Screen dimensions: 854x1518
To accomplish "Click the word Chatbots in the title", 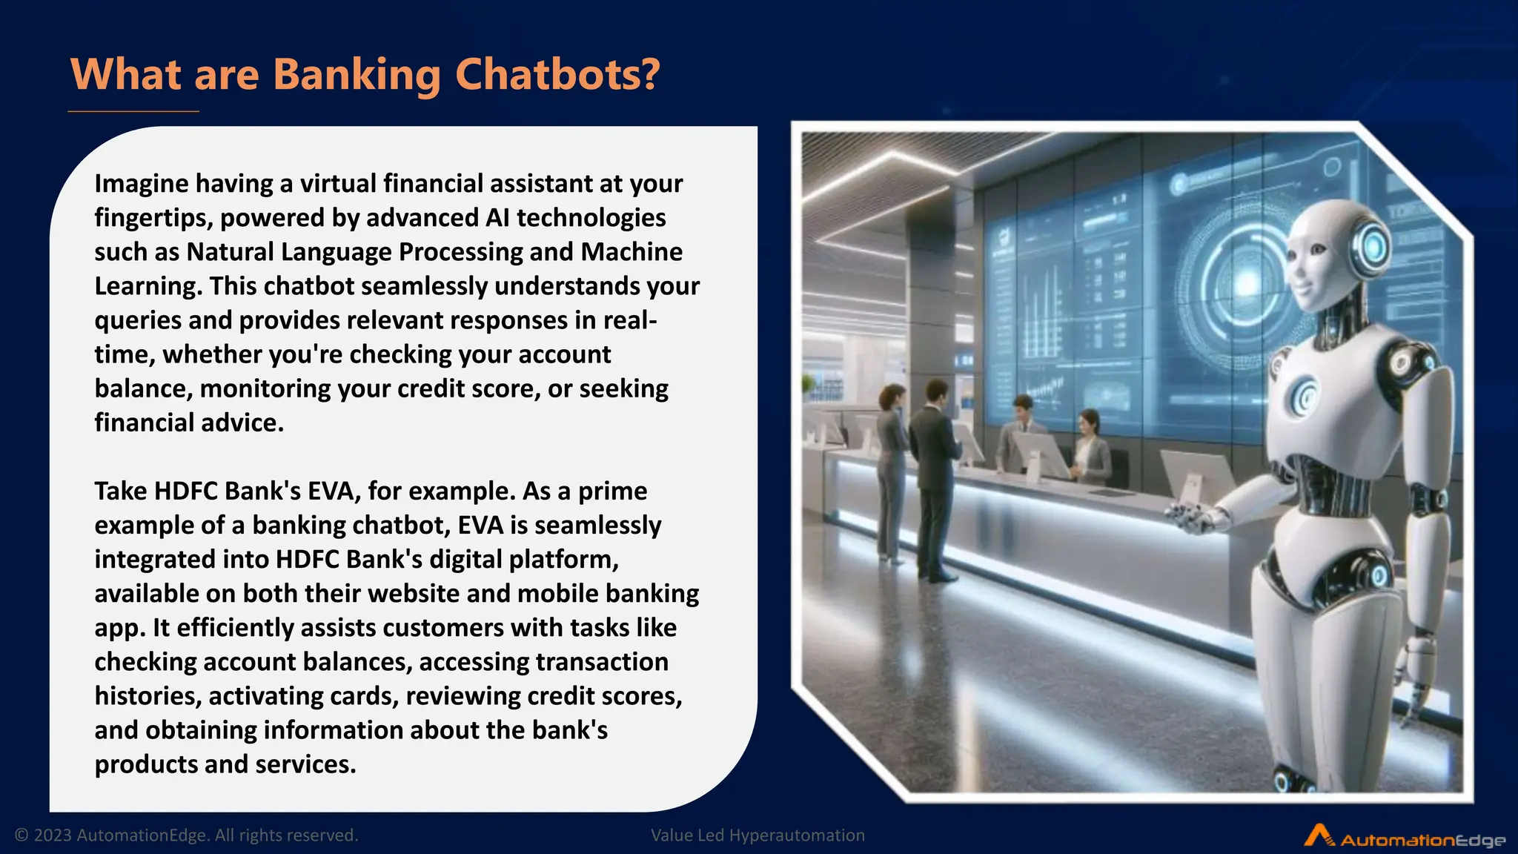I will (x=556, y=75).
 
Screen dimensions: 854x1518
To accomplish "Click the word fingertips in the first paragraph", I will (x=153, y=218).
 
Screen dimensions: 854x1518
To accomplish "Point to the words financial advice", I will (x=188, y=423).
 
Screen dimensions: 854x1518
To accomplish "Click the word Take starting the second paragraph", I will (x=120, y=491).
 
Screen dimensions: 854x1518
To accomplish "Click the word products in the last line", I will (x=145, y=764).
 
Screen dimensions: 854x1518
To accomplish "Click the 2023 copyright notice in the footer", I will (x=186, y=835).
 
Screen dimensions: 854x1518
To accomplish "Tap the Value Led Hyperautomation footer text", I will (x=758, y=835).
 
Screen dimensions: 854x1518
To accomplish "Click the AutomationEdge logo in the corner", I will (x=1404, y=837).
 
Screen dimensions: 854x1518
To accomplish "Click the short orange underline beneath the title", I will (x=133, y=112).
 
